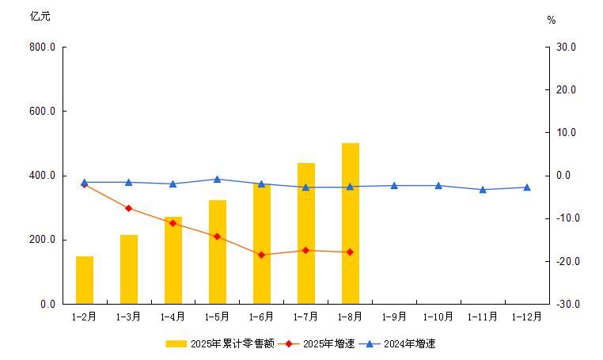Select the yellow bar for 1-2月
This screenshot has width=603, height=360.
(x=85, y=280)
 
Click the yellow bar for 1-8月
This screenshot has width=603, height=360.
(x=351, y=223)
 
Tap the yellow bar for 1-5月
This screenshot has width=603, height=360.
(x=218, y=252)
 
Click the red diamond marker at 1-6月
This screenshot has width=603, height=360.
(x=262, y=255)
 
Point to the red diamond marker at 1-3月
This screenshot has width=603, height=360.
(x=129, y=208)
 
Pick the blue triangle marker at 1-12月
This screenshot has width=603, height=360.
(x=527, y=188)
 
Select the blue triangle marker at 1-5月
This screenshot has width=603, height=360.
(x=218, y=179)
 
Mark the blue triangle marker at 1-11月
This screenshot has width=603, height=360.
(x=483, y=190)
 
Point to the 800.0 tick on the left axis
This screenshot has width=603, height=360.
(x=42, y=47)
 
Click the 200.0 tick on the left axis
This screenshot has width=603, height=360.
(x=42, y=240)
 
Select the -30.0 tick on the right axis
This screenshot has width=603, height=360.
(x=568, y=304)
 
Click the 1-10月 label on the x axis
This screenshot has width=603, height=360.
(x=438, y=316)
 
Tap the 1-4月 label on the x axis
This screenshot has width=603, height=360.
(x=173, y=316)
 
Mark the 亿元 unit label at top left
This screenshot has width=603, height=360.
(x=40, y=17)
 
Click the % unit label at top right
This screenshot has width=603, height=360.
(x=552, y=21)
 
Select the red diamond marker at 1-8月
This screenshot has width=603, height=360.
(x=351, y=252)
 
